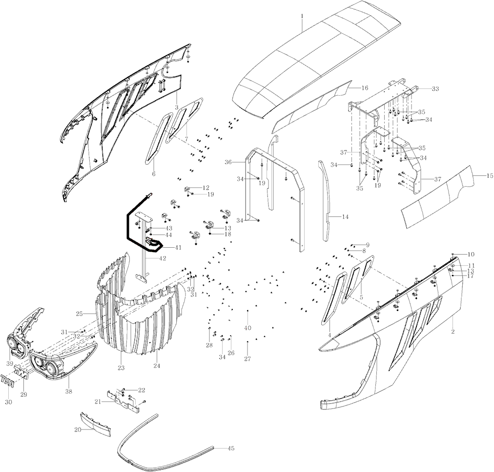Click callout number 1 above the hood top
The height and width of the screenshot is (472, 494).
click(302, 16)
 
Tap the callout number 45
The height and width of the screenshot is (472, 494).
click(231, 448)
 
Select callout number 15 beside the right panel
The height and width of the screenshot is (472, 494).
click(490, 174)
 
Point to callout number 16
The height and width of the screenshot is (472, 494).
click(365, 88)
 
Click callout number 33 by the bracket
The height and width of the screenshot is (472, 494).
click(435, 89)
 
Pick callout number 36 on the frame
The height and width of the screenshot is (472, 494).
click(228, 162)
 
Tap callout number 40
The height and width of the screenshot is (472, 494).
click(247, 327)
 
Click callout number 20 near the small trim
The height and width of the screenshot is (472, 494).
click(78, 430)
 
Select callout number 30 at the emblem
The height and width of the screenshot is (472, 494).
click(8, 402)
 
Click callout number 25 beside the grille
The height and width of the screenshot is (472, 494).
click(79, 313)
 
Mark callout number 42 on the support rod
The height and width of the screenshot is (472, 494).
click(163, 258)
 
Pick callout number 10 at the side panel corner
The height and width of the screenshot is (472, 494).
click(471, 254)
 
